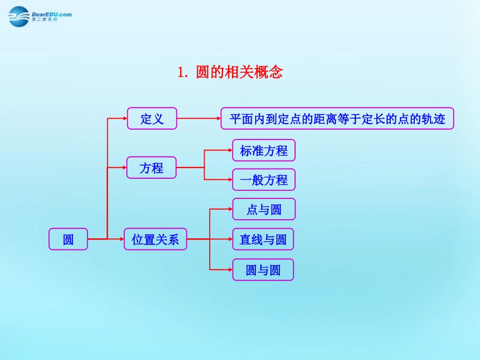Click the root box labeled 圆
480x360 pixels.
[x=68, y=239]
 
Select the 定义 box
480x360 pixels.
[x=152, y=119]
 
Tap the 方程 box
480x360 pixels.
[x=151, y=168]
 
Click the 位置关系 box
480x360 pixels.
[x=155, y=239]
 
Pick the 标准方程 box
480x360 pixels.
[x=263, y=150]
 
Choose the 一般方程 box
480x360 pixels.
[x=263, y=180]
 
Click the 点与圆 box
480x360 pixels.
[x=263, y=209]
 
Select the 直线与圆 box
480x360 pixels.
[x=263, y=239]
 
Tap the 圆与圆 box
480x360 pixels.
[x=263, y=270]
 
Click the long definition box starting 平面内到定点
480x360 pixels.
[x=337, y=119]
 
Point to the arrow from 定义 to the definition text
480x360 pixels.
[x=199, y=119]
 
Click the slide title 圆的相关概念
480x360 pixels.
[x=239, y=72]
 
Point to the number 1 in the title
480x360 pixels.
[x=181, y=73]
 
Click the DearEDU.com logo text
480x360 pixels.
[x=52, y=15]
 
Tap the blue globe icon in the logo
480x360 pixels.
[x=20, y=17]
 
